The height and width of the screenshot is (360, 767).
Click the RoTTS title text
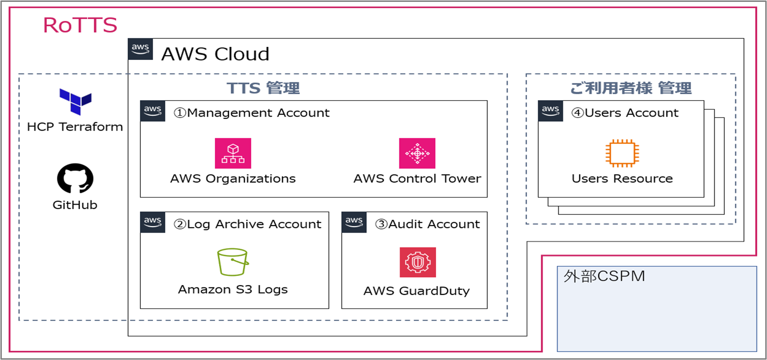coord(80,25)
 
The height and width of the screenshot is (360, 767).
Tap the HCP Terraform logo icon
coord(75,102)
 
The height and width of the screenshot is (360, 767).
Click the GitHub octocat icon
coord(75,178)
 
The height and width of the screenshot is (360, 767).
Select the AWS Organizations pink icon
coord(233,153)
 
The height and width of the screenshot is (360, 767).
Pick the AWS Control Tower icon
coord(417,153)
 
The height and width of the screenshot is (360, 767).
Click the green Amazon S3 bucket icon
coord(233,262)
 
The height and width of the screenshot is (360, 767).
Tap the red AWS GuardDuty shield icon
coord(417,262)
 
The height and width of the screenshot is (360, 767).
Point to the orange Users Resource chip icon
coord(622,153)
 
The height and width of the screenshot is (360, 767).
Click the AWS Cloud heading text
coord(215,54)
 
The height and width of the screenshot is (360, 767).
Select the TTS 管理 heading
coord(263,88)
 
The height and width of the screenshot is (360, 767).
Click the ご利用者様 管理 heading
coord(630,88)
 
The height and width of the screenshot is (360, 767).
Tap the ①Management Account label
coord(252,113)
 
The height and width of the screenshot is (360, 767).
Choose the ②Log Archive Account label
coord(248,224)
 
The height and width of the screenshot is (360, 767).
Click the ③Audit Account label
coord(428,224)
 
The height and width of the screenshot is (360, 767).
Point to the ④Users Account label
coord(625,113)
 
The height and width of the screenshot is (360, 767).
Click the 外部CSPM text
coord(604,276)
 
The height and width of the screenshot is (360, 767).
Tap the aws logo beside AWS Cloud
coord(140,49)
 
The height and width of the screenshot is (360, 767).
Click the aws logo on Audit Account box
coord(354,222)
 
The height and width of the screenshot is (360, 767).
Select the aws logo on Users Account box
coord(550,111)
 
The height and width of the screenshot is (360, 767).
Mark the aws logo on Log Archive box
coord(153,222)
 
